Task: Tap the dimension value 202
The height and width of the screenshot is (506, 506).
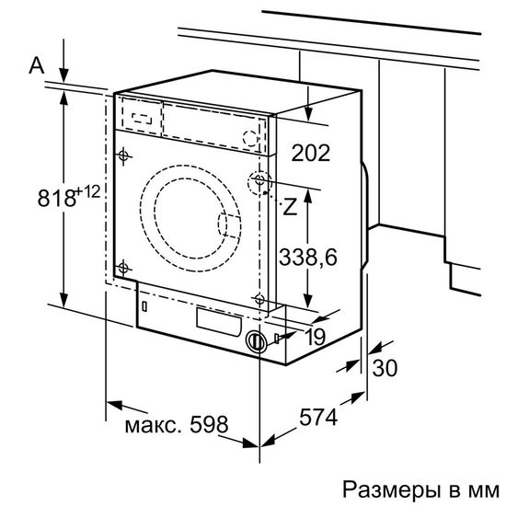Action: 310,153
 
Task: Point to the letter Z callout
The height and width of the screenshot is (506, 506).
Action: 292,207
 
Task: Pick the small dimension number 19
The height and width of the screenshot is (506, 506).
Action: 315,338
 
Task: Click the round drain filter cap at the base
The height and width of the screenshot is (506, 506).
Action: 255,340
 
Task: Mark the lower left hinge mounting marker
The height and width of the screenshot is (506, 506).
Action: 122,266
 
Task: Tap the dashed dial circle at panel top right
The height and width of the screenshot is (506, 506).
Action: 249,137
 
